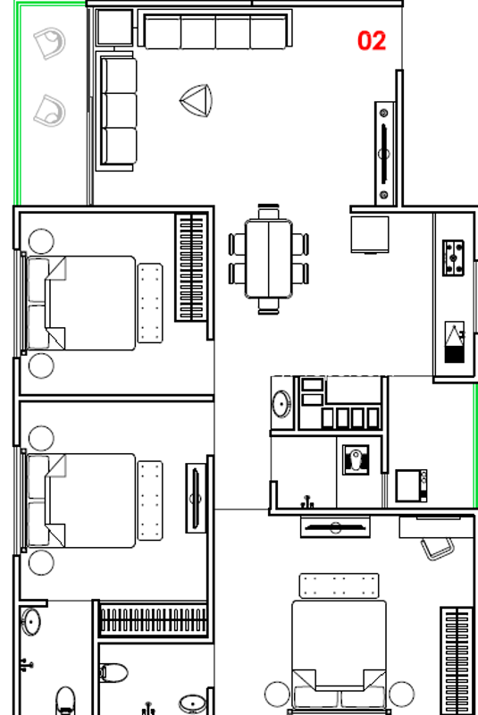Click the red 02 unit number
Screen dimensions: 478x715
[372, 40]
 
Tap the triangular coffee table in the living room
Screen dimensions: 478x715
[197, 100]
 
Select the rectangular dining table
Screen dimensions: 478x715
[269, 259]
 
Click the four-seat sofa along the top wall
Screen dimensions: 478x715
[215, 30]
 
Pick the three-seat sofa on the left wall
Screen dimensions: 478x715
[116, 111]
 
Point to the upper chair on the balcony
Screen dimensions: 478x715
[50, 43]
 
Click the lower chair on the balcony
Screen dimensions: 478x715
[50, 110]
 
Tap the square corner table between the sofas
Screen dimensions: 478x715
[114, 28]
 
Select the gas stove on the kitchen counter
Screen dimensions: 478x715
[453, 258]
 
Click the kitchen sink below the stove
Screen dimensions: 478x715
[454, 342]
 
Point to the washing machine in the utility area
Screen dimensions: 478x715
[411, 486]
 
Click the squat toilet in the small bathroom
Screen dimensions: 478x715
[356, 459]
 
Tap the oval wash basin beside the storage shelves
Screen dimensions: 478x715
[281, 404]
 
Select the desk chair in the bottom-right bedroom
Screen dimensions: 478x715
[437, 549]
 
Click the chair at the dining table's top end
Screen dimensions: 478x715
[268, 212]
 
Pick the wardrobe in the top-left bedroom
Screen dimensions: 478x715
[191, 267]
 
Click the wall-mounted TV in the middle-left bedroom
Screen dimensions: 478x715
[196, 498]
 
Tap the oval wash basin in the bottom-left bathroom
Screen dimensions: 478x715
[31, 621]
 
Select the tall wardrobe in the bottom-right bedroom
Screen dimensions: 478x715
[457, 660]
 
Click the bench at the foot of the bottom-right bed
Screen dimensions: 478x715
[339, 586]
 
